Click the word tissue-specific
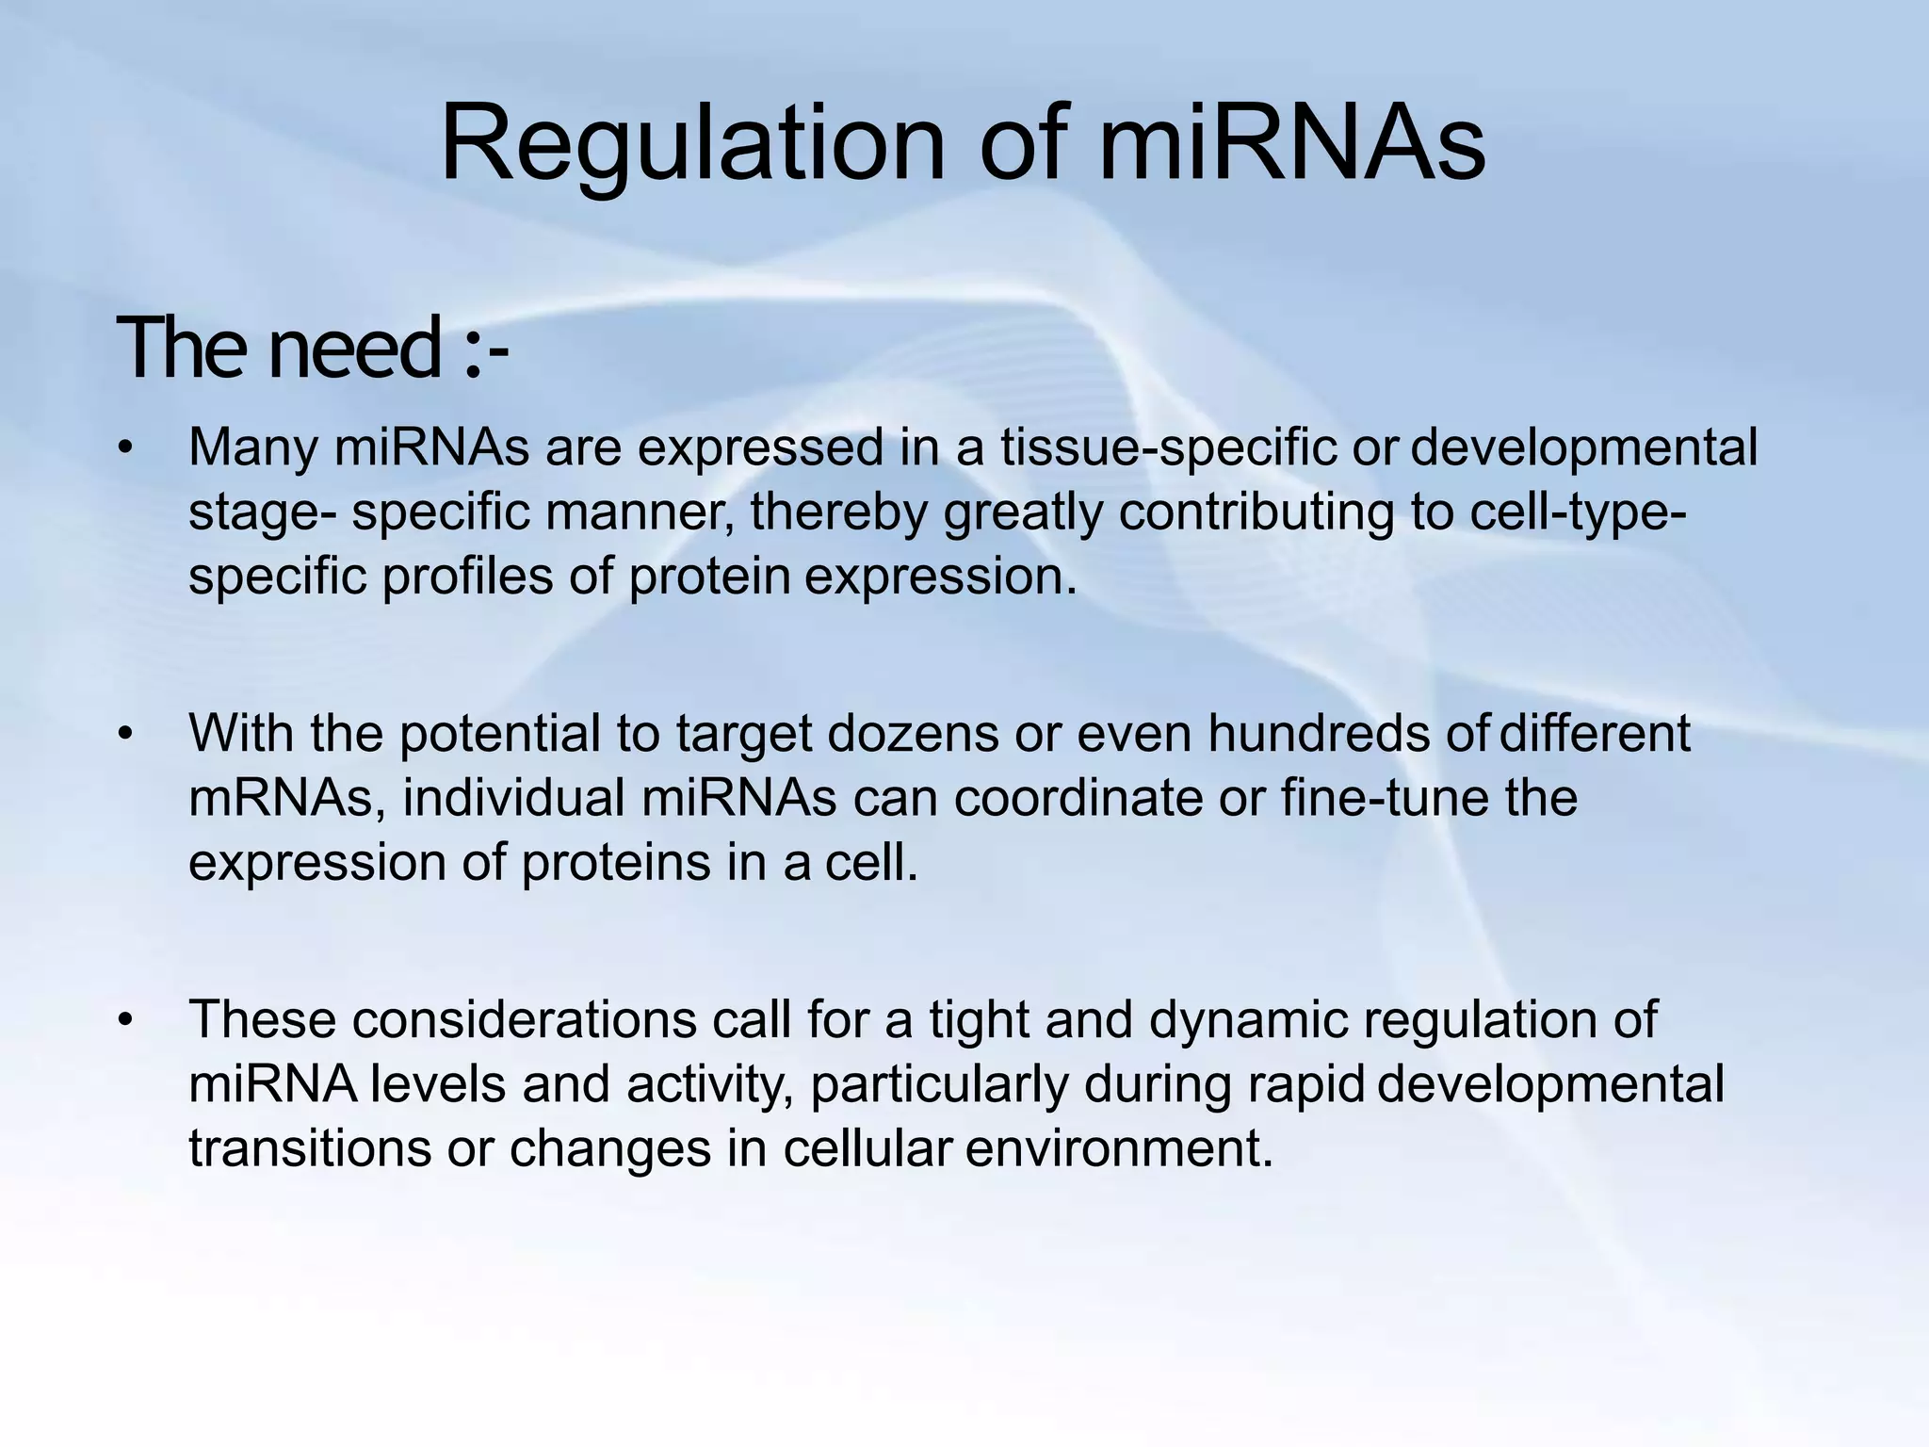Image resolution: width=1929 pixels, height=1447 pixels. (1168, 447)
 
